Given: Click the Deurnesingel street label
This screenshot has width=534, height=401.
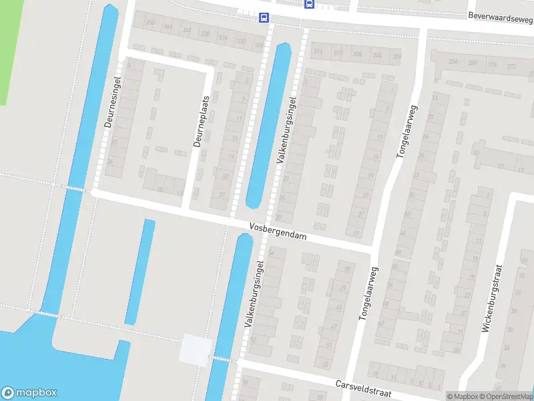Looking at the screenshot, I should tap(111, 108).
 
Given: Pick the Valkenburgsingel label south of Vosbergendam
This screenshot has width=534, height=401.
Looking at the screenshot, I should tap(255, 294).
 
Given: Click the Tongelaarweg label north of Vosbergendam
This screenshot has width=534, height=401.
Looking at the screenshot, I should tap(407, 131).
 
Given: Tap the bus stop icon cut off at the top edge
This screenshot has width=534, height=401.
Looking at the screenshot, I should tap(309, 3).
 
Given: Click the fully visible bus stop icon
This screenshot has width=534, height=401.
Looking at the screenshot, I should tap(265, 18).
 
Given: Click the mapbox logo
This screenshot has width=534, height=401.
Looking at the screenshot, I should tap(29, 393).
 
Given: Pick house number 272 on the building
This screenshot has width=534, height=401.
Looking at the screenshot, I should tap(512, 66).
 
